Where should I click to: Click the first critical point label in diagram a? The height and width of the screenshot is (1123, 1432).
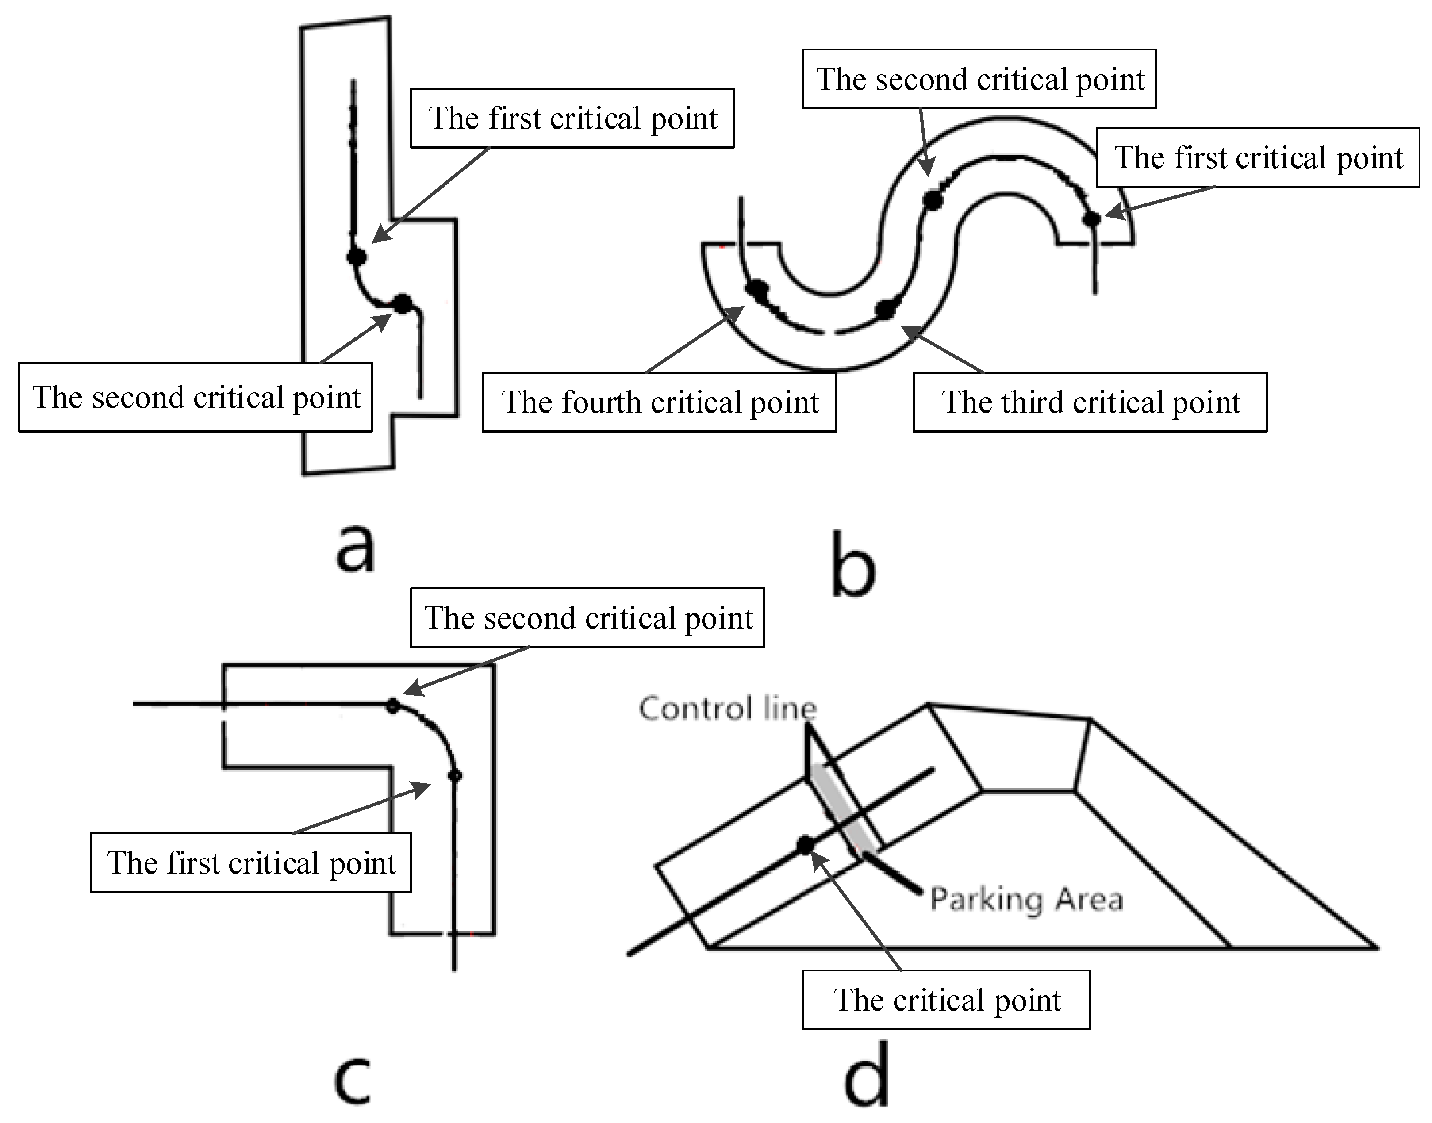pos(572,119)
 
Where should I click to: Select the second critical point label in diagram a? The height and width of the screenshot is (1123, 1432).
pos(195,397)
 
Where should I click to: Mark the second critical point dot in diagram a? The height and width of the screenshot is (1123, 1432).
pos(403,304)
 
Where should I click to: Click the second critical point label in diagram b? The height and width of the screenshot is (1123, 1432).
pos(979,79)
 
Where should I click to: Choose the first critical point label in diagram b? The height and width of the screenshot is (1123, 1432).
pos(1258,157)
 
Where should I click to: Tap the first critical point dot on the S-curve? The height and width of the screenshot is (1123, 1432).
pos(1092,218)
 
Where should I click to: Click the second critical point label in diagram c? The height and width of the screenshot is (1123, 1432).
pos(587,617)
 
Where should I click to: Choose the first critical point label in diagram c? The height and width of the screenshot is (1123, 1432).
pos(251,862)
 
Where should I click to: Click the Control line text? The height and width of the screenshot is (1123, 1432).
pos(728,709)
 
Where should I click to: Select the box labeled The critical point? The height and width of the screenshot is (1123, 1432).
pos(946,1000)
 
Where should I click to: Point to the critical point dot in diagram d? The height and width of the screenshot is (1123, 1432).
pos(806,845)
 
